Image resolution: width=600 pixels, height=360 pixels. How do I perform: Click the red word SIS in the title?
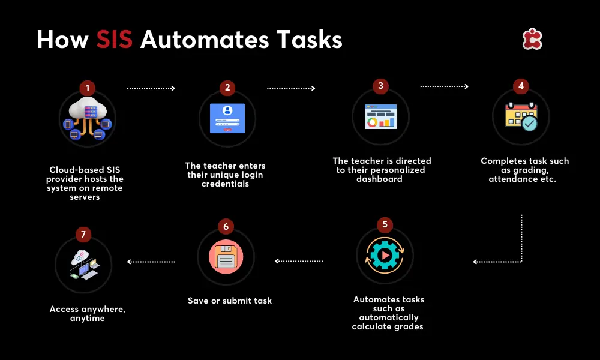tap(114, 40)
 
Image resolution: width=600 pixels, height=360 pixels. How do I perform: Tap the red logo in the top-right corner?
tap(532, 38)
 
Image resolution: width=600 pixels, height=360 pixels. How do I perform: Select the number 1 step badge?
tap(87, 88)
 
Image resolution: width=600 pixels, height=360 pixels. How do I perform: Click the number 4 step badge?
tap(521, 86)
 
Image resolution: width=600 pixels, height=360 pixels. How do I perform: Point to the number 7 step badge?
tap(83, 235)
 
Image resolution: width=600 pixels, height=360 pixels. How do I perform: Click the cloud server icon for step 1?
tap(88, 118)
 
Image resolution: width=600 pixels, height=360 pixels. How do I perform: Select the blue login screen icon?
tap(227, 118)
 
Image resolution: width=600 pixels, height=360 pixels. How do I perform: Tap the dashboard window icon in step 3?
tap(381, 116)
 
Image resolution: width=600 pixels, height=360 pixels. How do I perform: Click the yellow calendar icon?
tap(521, 116)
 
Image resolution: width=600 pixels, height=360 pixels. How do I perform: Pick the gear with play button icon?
tap(385, 255)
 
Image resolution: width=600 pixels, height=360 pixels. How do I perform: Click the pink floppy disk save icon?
tap(226, 257)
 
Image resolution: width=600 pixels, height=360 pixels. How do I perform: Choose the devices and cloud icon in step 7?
tap(85, 265)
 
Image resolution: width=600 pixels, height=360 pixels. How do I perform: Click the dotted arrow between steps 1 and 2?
tap(151, 88)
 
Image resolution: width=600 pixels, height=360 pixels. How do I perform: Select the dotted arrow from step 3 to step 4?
tap(444, 86)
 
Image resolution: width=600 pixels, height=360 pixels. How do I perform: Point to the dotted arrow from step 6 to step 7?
tap(151, 262)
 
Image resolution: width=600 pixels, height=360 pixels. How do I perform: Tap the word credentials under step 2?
tap(225, 184)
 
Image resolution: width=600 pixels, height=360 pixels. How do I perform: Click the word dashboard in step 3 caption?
tap(379, 179)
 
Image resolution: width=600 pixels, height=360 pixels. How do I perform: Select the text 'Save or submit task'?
tap(230, 301)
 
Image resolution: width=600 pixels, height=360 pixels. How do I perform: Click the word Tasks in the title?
tap(309, 40)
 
